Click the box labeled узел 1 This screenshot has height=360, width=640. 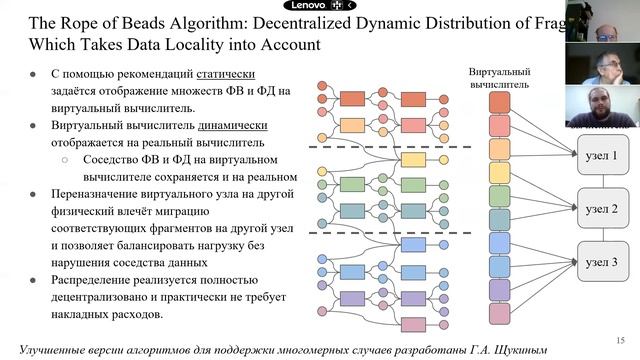coord(603,155)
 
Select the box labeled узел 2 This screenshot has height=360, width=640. coord(603,208)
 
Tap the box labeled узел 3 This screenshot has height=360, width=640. coord(603,262)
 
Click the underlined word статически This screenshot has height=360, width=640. coord(226,74)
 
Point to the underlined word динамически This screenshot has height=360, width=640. coord(233,125)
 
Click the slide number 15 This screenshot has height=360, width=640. coord(620,340)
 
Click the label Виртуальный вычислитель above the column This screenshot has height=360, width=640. coord(499,78)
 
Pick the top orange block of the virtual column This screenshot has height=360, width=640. coord(500,102)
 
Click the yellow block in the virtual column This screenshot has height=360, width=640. coord(500,173)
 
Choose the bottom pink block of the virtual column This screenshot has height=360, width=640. coord(500,314)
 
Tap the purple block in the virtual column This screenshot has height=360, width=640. coord(500,290)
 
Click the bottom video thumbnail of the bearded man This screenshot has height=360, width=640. coord(602,106)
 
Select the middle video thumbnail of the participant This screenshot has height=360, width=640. coord(602,64)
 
